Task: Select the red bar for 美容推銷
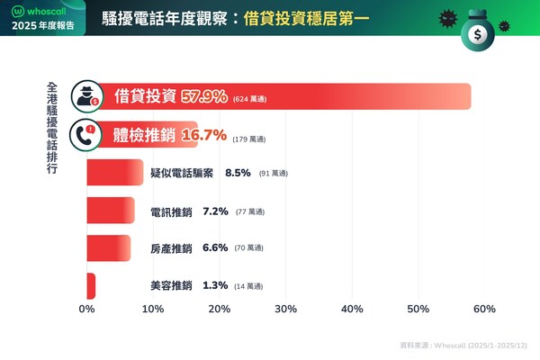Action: click(91, 285)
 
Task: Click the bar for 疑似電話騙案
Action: click(114, 172)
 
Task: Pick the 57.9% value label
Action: click(203, 96)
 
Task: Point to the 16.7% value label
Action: click(202, 136)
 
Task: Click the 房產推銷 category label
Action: click(171, 247)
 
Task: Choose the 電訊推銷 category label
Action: click(171, 211)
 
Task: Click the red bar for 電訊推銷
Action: click(110, 211)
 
